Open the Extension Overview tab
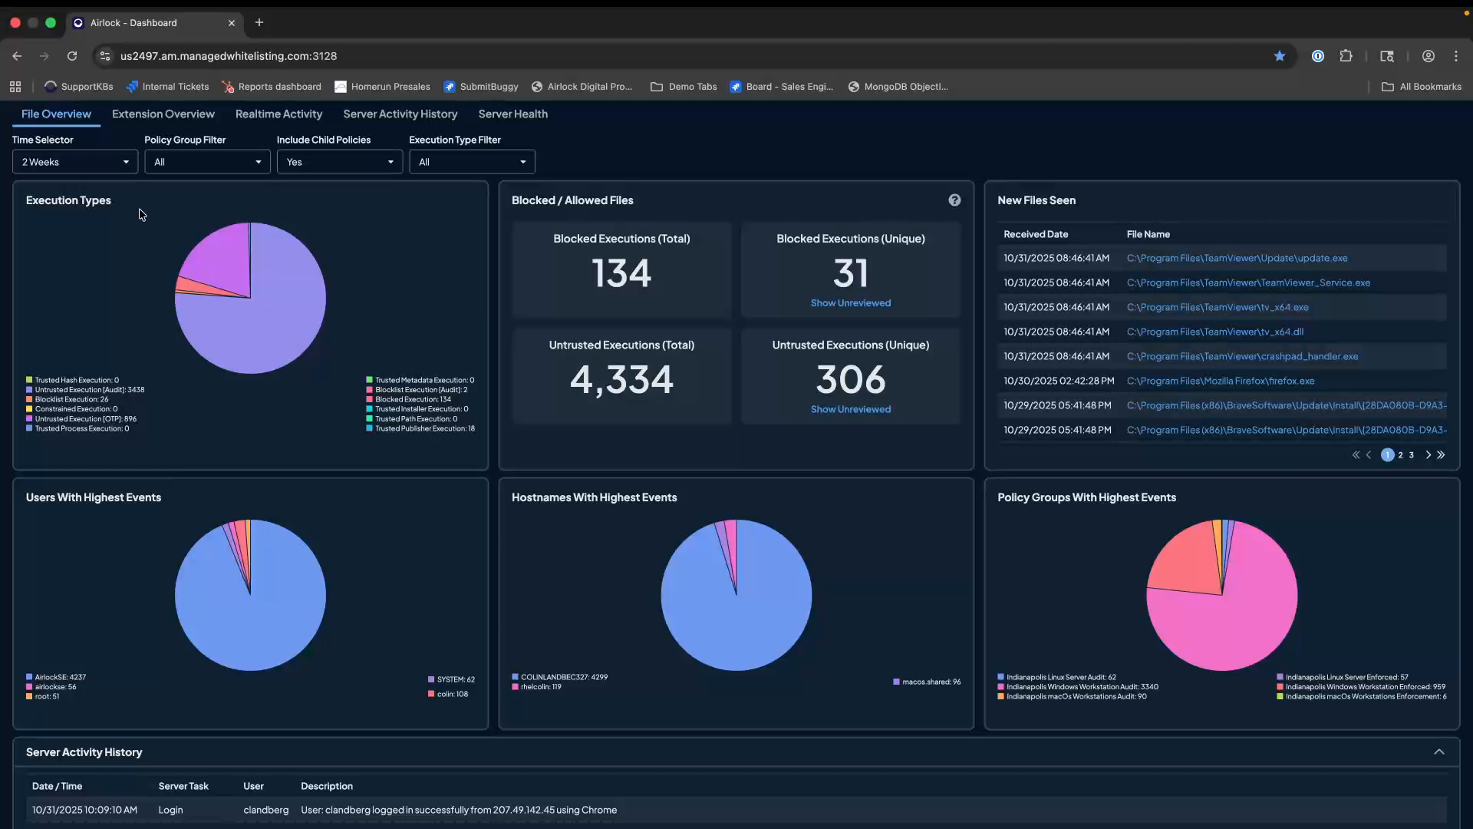coord(163,114)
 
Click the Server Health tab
coord(512,114)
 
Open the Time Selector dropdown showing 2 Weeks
coord(75,162)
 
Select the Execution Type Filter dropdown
coord(472,162)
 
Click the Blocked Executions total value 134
coord(621,273)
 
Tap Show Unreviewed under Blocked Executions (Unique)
coord(850,303)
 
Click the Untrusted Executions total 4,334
coord(621,379)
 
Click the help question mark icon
coord(954,200)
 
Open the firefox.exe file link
coord(1220,381)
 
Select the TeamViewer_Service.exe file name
coord(1248,282)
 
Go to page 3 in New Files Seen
coord(1411,455)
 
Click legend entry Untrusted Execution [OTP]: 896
coord(85,419)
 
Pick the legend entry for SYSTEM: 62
coord(455,679)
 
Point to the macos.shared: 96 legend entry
coord(931,682)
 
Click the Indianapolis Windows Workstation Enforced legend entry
coord(1365,687)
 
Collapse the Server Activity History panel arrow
coord(1439,752)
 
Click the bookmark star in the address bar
coord(1280,56)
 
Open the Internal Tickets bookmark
coord(175,87)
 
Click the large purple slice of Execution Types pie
coord(269,322)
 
